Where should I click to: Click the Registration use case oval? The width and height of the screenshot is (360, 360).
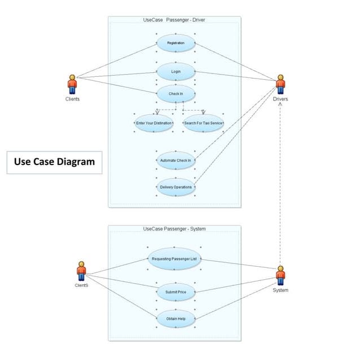coord(176,43)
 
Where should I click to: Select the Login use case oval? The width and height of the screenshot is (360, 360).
coord(176,72)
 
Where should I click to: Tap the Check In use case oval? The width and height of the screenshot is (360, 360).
coord(176,93)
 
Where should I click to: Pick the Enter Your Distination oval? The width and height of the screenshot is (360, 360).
coord(154,123)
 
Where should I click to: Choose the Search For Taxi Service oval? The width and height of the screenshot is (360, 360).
coord(203,123)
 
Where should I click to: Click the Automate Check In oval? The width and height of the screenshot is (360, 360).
coord(176,161)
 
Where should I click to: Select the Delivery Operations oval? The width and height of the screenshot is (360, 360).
coord(176,187)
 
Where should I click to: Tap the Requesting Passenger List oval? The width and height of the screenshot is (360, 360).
coord(175,259)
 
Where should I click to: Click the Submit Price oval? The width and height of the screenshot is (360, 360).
coord(176,292)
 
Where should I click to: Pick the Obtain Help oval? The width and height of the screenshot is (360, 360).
coord(176,319)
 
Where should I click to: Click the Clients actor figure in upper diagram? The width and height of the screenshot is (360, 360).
coord(72,84)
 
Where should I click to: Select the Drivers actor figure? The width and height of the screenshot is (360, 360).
coord(280,84)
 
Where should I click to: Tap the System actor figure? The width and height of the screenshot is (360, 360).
coord(280,275)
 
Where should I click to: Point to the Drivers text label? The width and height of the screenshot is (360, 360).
coord(280,99)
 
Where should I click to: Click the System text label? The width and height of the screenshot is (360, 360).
coord(280,290)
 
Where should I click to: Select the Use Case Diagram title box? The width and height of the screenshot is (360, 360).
coord(54,162)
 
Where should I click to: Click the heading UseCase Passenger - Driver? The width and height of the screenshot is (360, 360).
coord(175,20)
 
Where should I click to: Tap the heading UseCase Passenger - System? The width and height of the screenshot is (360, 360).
coord(175,229)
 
